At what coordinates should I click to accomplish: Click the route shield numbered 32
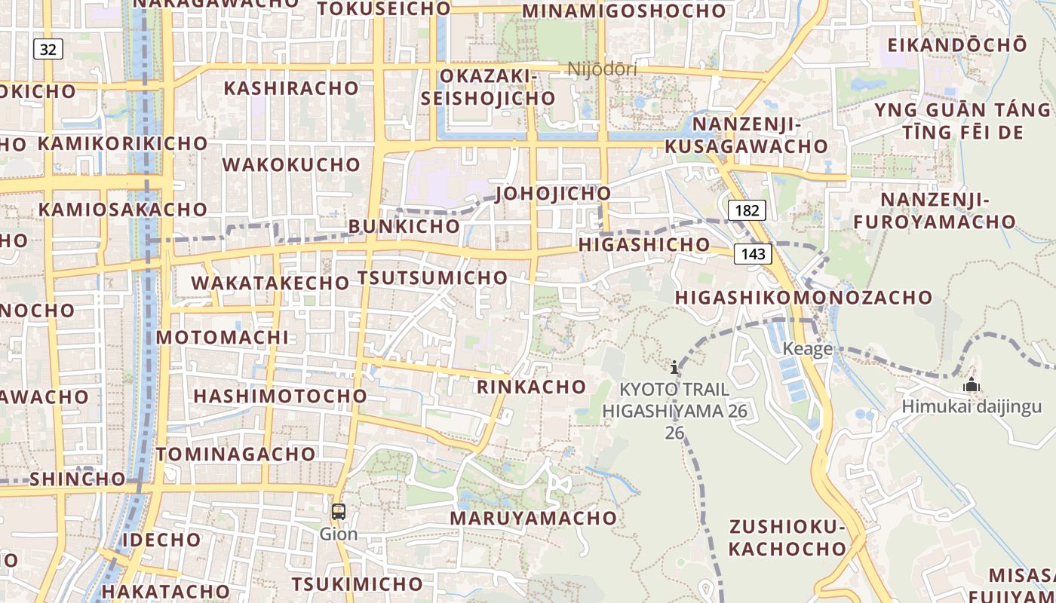click(48, 50)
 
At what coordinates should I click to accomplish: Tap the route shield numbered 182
click(747, 210)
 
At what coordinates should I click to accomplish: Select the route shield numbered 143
click(753, 254)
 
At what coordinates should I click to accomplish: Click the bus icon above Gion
click(339, 512)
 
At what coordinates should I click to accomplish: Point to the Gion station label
click(339, 534)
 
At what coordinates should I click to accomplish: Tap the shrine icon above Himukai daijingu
click(972, 385)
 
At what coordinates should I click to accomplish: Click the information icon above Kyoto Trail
click(674, 367)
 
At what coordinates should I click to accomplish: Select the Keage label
click(807, 348)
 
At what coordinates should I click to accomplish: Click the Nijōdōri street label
click(602, 69)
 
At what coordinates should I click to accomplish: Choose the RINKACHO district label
click(532, 387)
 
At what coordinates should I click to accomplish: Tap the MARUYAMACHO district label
click(533, 518)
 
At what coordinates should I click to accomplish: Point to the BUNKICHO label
click(404, 225)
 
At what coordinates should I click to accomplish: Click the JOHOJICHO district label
click(553, 193)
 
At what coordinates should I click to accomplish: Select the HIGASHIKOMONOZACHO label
click(803, 297)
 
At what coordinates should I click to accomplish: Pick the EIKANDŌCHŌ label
click(956, 44)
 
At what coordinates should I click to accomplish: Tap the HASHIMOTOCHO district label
click(280, 396)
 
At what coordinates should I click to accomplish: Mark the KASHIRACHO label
click(291, 87)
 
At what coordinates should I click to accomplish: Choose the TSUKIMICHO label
click(357, 584)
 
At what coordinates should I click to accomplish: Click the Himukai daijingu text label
click(972, 407)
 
